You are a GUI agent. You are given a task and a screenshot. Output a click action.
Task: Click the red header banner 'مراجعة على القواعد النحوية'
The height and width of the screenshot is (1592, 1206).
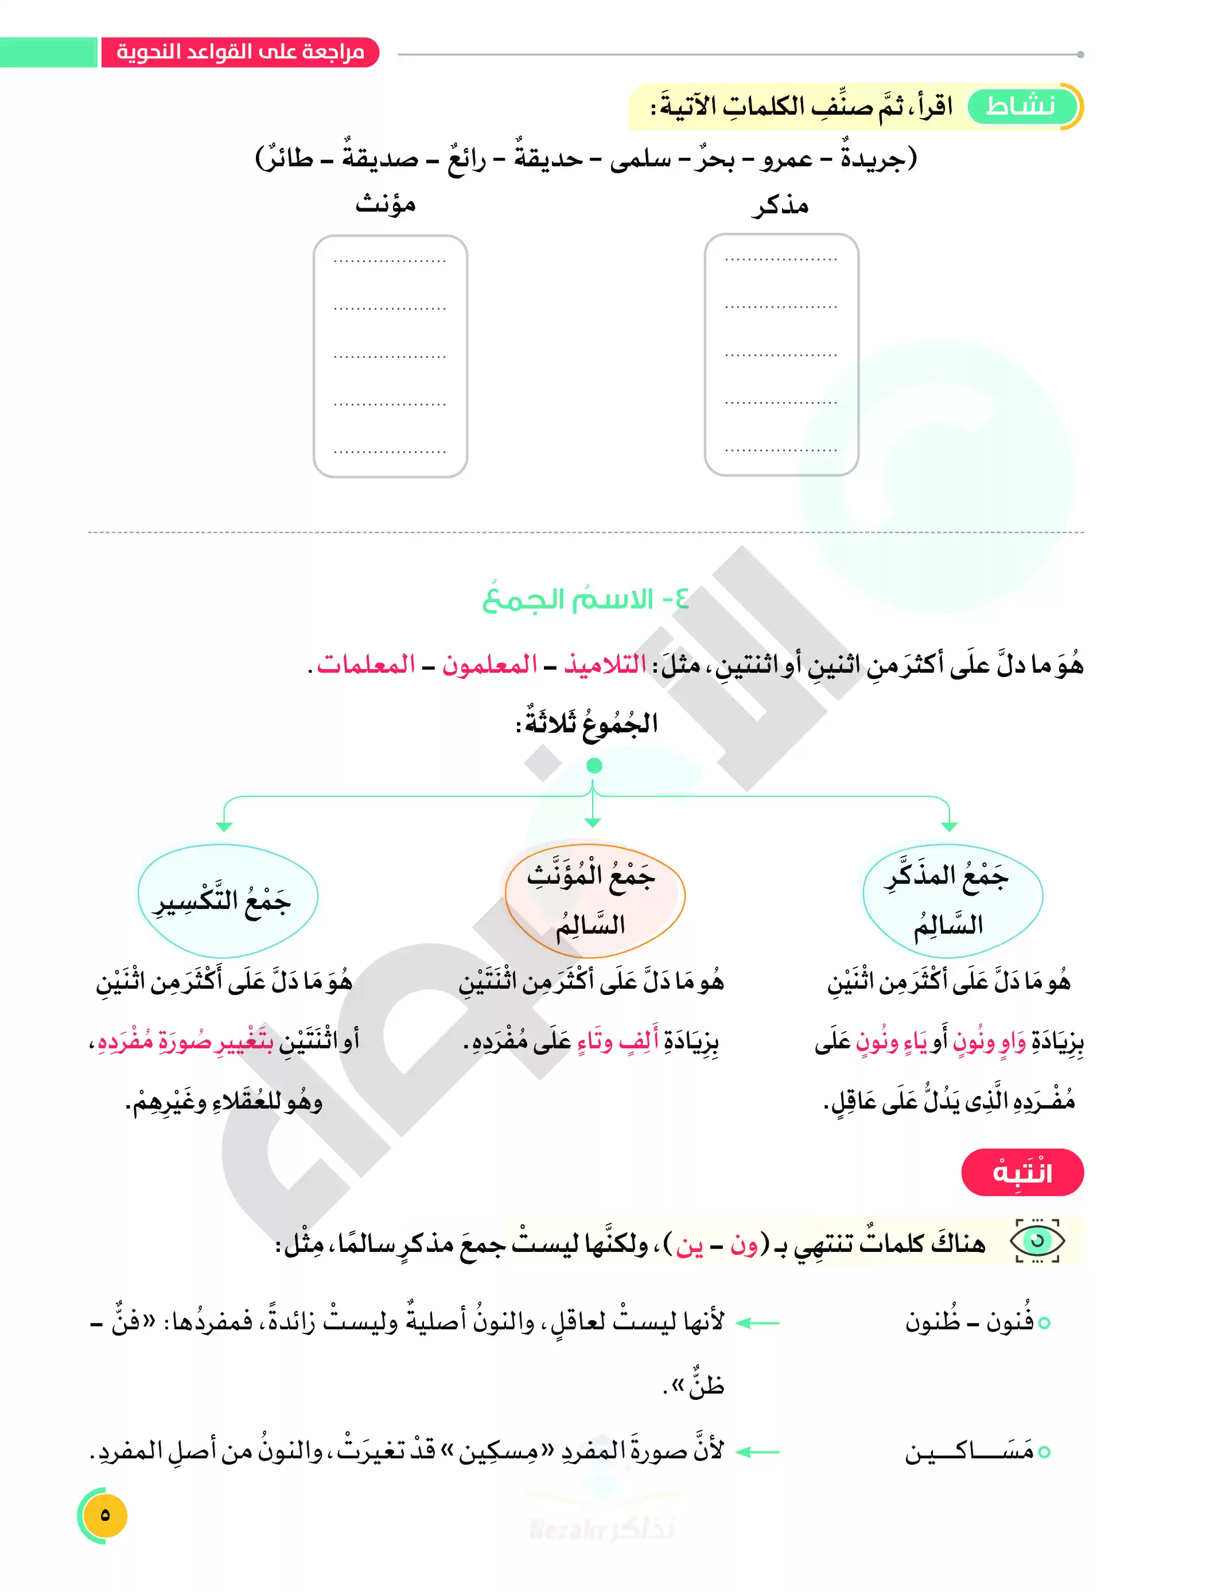240,53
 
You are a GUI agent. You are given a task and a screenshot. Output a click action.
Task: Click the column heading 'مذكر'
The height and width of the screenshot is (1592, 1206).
780,206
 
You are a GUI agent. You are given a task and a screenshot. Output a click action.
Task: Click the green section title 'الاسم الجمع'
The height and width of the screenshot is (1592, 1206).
585,599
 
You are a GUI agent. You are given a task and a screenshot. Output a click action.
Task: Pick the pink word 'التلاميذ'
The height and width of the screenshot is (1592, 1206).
605,664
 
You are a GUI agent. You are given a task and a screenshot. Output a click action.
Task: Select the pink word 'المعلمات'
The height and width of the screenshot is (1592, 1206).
366,664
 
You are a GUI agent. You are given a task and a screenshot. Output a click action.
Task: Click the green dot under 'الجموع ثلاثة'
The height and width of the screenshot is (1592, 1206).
594,766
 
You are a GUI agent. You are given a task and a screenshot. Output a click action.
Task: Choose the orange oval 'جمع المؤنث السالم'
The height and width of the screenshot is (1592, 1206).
594,900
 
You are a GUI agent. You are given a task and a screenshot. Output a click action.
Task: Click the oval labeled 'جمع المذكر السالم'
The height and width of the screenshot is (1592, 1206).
952,900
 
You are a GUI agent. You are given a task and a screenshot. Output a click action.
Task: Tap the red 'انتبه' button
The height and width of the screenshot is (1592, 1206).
1022,1172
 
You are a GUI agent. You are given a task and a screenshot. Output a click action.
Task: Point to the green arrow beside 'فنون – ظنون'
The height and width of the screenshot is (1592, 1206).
758,1323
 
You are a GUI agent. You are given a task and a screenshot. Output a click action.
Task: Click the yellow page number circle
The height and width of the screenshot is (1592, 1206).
105,1515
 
